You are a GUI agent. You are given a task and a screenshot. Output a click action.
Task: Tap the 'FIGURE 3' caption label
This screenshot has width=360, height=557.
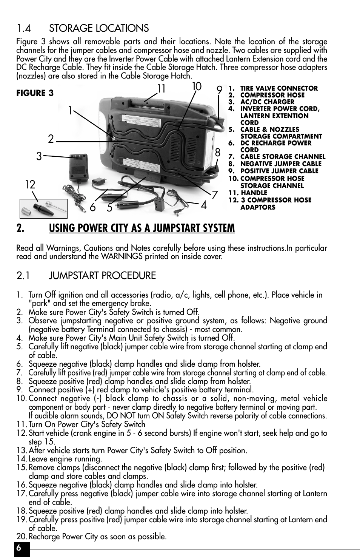pos(35,93)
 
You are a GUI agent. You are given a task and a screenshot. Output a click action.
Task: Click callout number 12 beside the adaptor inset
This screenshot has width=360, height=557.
pos(30,185)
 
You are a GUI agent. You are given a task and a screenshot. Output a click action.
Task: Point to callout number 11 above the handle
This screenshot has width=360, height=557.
pos(162,89)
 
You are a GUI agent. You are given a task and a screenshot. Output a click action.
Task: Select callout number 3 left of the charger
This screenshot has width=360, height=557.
pos(39,156)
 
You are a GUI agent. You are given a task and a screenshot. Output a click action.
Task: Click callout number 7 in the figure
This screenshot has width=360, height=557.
pos(215,195)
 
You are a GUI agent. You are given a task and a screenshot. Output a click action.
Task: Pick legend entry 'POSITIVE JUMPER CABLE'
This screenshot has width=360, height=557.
pos(279,171)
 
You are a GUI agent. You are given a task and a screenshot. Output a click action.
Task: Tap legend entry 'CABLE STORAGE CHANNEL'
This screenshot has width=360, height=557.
pos(282,157)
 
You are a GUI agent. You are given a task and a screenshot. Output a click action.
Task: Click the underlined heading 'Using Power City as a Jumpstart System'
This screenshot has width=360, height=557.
pos(142,228)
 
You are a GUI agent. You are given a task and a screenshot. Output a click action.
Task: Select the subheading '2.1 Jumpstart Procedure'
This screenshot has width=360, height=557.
pos(86,276)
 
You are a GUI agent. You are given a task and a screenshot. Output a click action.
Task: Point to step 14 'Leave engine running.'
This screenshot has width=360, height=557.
pos(65,459)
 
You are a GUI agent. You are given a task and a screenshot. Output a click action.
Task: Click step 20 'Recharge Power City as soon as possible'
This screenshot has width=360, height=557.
pos(97,537)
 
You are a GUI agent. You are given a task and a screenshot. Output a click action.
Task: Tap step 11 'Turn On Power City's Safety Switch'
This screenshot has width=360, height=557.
pos(86,424)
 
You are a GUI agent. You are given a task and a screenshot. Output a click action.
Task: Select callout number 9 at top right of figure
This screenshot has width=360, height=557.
pos(219,90)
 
